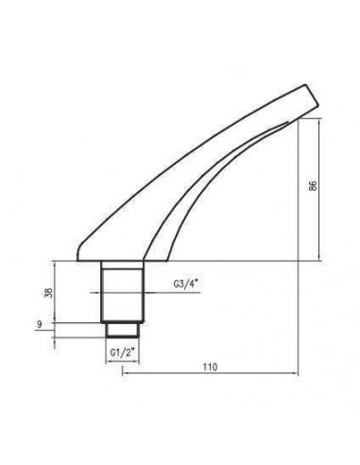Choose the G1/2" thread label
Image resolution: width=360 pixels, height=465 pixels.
tap(120, 353)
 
